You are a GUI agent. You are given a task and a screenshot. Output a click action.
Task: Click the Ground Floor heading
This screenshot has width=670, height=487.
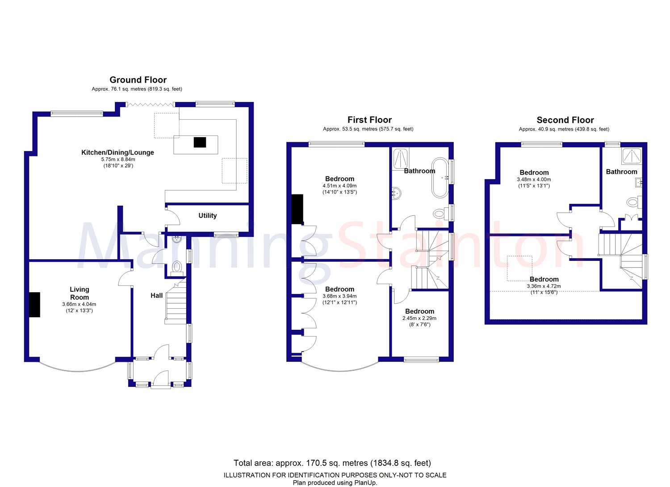tap(138, 80)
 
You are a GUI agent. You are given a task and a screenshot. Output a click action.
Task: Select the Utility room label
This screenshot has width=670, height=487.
tap(208, 215)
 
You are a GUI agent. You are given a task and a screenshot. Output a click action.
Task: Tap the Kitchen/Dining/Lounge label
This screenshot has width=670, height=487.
tap(117, 152)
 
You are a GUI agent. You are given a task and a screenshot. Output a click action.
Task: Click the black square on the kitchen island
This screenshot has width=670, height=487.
tap(200, 142)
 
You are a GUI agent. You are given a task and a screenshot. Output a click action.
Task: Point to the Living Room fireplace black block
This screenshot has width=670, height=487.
tap(34, 305)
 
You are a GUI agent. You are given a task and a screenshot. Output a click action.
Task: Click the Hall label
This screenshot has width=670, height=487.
tap(156, 295)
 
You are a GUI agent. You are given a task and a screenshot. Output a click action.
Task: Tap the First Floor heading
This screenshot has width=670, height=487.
tap(369, 120)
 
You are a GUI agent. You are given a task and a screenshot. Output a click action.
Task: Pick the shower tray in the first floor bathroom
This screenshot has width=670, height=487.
tap(400, 158)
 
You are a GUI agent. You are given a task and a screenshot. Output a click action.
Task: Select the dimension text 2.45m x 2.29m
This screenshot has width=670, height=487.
tap(419, 318)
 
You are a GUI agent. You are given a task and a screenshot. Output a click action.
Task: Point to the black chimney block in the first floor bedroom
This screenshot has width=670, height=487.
tap(297, 209)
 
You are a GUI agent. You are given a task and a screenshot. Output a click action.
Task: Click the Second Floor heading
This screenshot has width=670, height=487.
tap(565, 120)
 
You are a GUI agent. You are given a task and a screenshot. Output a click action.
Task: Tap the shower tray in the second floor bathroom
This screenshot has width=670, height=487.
tap(632, 155)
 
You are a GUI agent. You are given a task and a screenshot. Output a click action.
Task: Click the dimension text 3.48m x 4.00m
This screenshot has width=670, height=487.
tap(534, 179)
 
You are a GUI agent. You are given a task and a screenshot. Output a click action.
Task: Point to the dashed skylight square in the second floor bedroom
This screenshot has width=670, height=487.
tap(519, 268)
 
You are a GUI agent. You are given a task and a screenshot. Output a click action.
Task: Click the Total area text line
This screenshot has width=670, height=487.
tap(332, 463)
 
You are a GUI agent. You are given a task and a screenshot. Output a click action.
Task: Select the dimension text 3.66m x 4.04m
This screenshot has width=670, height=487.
tap(79, 304)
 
